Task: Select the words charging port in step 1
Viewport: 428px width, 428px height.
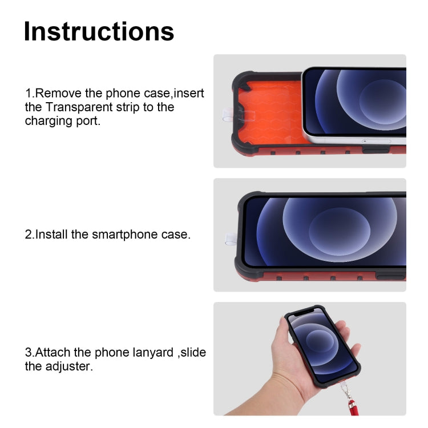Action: click(x=63, y=122)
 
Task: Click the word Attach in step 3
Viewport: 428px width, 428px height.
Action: click(x=52, y=353)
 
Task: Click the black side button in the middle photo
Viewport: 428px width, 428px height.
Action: click(x=390, y=277)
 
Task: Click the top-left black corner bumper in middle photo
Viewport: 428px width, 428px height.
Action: click(x=247, y=201)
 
